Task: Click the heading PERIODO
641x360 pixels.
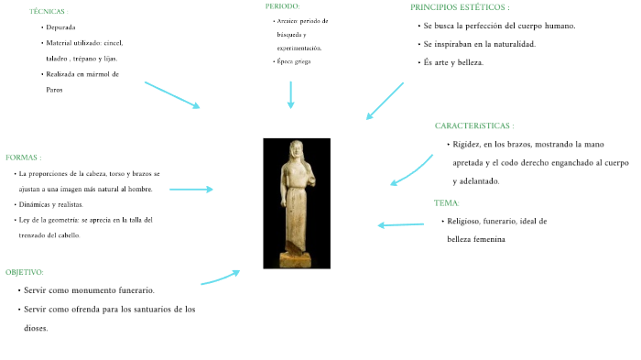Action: [283, 5]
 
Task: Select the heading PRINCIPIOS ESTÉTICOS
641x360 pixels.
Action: [460, 7]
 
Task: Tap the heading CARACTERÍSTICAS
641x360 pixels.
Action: [474, 125]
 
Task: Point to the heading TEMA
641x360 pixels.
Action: [447, 202]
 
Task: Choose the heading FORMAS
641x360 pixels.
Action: [23, 158]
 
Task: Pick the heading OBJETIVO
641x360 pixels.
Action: [25, 272]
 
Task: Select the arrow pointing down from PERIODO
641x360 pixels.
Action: [290, 94]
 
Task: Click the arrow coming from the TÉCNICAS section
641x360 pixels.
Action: [172, 95]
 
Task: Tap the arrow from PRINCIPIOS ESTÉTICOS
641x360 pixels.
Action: [385, 101]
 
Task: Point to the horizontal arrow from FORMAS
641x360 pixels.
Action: [190, 190]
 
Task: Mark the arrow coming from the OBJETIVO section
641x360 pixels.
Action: [221, 278]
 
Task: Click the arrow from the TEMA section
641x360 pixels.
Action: [401, 224]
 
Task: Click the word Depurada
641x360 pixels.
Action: [61, 28]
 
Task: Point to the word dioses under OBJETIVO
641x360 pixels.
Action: [36, 327]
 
